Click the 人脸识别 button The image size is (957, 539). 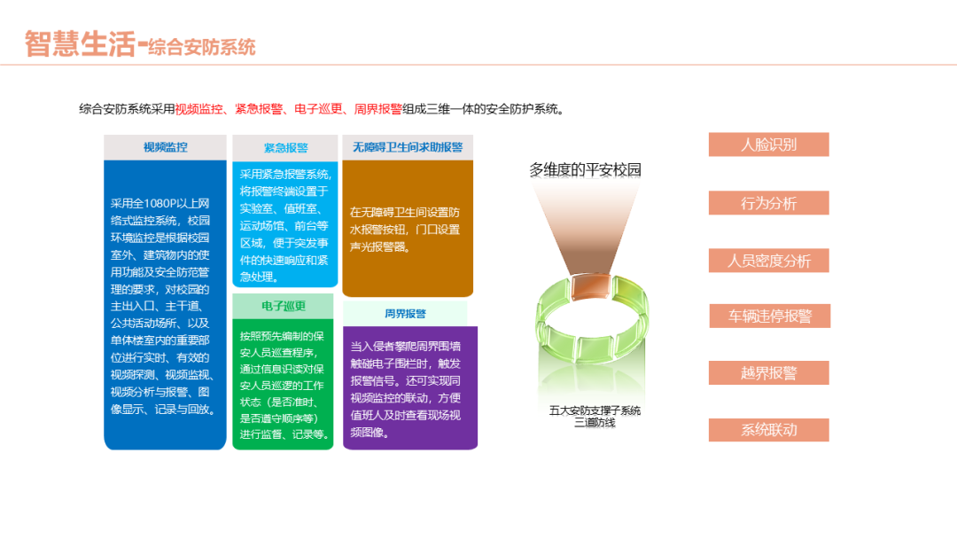(x=768, y=145)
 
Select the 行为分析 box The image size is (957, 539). (x=768, y=203)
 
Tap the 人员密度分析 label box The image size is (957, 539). (x=768, y=261)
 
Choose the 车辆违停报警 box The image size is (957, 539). (x=769, y=316)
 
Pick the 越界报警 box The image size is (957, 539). (x=768, y=373)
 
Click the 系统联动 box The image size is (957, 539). (x=768, y=430)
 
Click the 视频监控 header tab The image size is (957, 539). (x=165, y=147)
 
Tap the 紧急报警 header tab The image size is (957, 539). (x=285, y=148)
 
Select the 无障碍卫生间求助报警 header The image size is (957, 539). (x=408, y=147)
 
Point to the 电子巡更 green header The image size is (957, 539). (x=284, y=306)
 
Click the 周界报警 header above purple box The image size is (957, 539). (x=405, y=313)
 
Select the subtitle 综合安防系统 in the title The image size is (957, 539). (x=202, y=47)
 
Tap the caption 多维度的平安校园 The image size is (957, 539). (x=585, y=170)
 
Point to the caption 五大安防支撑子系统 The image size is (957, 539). (x=595, y=410)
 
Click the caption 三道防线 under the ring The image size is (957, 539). (x=595, y=423)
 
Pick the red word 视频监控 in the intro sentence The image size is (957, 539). (x=199, y=109)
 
